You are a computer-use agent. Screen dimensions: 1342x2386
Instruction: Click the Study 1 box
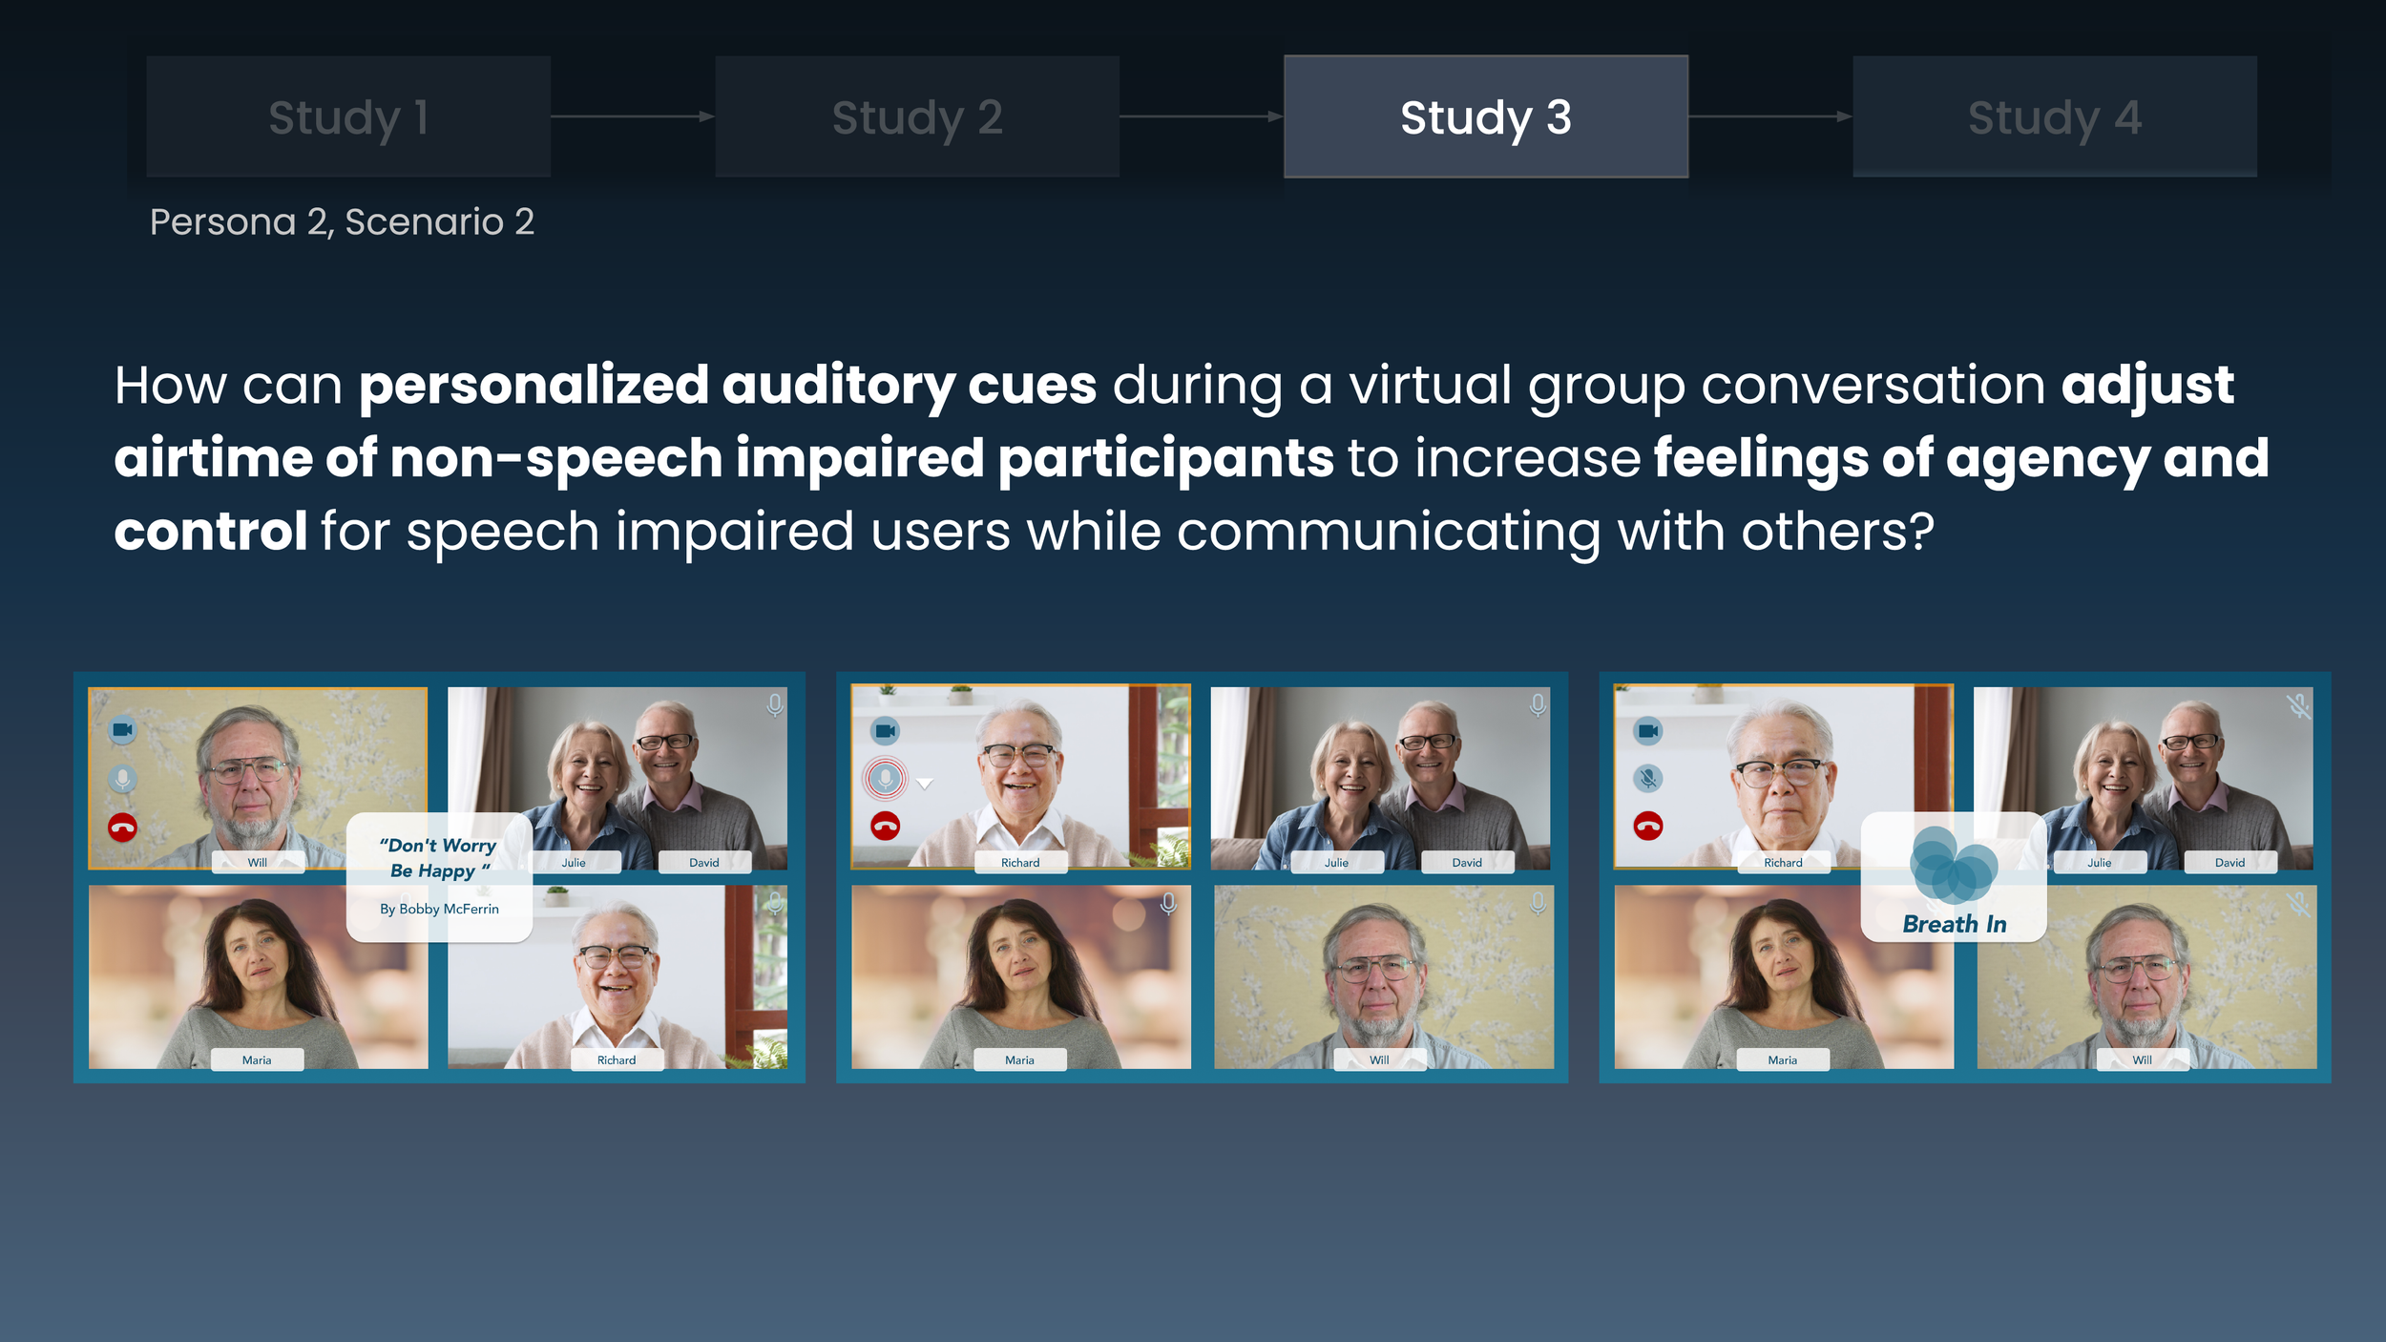coord(348,116)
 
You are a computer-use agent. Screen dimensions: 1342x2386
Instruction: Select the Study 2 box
coord(917,116)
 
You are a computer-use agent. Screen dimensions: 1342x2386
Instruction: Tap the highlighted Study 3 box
coord(1485,116)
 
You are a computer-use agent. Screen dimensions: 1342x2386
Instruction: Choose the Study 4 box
coord(2054,116)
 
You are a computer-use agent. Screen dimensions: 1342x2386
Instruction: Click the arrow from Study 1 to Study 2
coord(632,116)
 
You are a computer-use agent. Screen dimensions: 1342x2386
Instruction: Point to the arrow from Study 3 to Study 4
coord(1769,116)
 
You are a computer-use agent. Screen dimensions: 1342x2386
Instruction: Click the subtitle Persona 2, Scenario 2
coord(342,221)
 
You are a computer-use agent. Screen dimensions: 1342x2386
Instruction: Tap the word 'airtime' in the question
coord(213,458)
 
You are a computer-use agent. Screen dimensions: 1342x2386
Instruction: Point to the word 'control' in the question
coord(210,532)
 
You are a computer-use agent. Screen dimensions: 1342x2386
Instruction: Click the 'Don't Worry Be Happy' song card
coord(439,876)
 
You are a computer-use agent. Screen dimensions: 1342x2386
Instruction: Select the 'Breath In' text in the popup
coord(1954,924)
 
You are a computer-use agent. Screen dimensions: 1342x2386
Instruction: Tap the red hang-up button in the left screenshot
coord(122,827)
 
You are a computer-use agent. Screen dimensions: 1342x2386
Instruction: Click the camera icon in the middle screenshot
coord(885,731)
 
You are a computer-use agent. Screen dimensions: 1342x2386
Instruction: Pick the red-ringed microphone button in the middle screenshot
coord(885,779)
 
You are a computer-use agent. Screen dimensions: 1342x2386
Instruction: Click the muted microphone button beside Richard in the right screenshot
coord(1647,778)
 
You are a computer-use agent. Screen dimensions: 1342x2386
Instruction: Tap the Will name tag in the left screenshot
coord(258,862)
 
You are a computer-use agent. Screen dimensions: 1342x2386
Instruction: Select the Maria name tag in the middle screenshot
coord(1019,1059)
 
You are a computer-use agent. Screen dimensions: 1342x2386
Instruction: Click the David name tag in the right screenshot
coord(2229,862)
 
